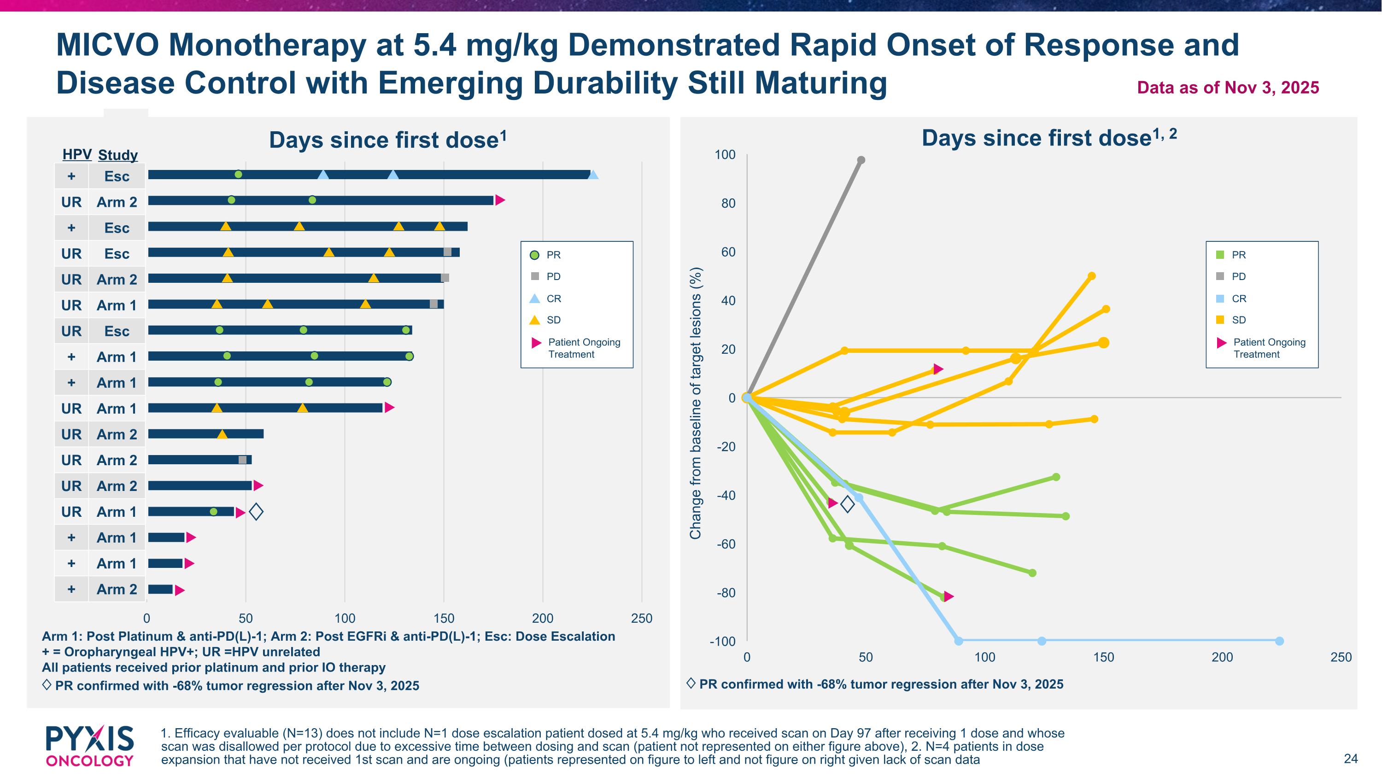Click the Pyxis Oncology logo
89,745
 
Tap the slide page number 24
1350,758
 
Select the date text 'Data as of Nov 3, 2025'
1228,88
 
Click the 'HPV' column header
77,154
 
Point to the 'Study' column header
118,155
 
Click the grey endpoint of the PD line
861,160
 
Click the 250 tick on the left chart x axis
642,618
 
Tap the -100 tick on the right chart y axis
723,641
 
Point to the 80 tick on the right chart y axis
728,203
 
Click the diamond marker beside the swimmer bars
257,512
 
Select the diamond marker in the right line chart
848,504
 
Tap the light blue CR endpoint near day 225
1279,641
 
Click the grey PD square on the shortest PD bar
242,460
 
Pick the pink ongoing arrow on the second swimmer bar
500,200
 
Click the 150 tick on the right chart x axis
1104,657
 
